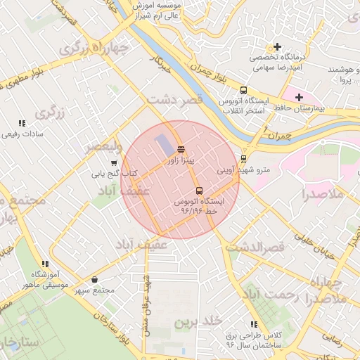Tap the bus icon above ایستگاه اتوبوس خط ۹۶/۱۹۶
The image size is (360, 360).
[199, 190]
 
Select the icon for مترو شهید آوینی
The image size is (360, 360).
[243, 159]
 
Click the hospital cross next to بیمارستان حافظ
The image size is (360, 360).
[300, 97]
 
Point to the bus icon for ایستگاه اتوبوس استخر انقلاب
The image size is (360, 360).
[243, 90]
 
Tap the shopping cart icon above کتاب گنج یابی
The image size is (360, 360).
[114, 163]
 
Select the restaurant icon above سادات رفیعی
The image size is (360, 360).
[22, 123]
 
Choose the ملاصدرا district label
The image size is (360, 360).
[323, 193]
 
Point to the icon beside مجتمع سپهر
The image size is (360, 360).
[95, 280]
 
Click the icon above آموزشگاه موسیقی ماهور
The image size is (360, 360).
[46, 264]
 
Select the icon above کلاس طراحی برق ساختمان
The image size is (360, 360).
[253, 324]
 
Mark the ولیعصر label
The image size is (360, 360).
[103, 146]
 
